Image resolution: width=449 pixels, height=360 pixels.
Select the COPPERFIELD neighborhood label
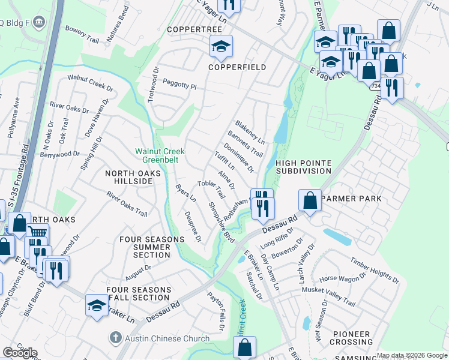click(237, 67)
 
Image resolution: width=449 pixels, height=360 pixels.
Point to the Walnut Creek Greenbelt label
click(160, 155)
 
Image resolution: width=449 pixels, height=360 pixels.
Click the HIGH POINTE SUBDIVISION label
click(303, 167)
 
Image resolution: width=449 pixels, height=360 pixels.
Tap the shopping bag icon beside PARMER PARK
click(310, 200)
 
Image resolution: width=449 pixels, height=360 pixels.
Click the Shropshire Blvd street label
click(220, 221)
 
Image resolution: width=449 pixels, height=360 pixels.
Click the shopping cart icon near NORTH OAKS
click(37, 233)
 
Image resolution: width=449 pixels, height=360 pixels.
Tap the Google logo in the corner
click(20, 353)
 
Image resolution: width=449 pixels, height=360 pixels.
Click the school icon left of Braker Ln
click(97, 304)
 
